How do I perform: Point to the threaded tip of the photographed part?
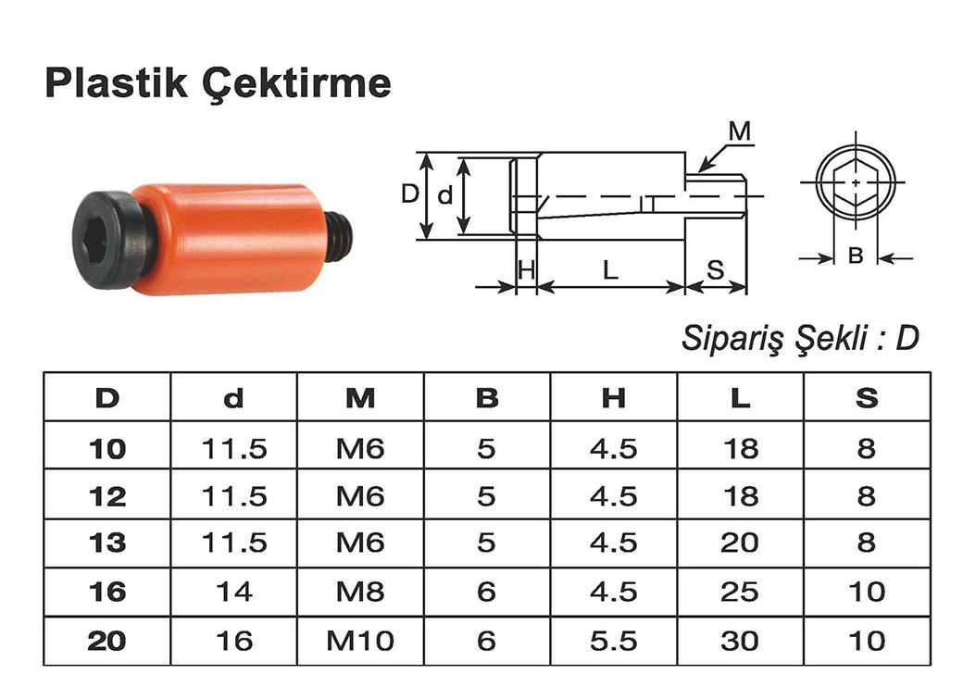coord(341,236)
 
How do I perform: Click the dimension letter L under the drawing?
coord(609,270)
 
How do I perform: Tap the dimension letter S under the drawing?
coord(716,270)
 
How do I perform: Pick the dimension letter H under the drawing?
coord(526,270)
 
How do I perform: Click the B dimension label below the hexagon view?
coord(856,256)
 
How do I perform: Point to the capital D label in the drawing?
coord(409,194)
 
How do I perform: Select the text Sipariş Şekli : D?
coord(800,339)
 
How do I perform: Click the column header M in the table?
coord(360,398)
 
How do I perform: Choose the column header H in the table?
coord(613,398)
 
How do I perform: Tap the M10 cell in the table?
coord(360,641)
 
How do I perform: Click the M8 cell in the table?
coord(360,592)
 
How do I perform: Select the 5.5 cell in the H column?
coord(613,641)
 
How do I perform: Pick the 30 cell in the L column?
coord(739,641)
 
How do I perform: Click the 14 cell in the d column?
coord(233,592)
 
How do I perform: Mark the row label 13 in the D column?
coord(107,543)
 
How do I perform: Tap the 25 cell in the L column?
coord(739,592)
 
